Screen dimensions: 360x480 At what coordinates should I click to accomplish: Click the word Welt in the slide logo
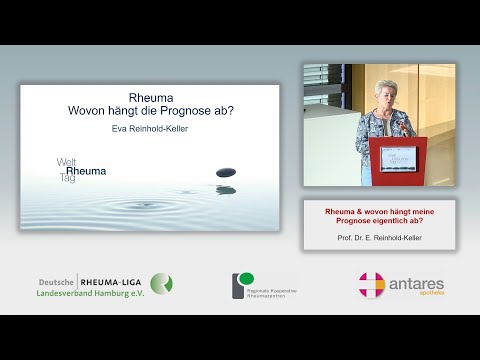tap(66, 161)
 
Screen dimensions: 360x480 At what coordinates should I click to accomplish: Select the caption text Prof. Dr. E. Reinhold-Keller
tap(379, 241)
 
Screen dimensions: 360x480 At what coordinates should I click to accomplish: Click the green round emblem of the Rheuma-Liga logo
tap(161, 284)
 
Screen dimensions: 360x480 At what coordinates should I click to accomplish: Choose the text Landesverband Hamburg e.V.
tap(90, 294)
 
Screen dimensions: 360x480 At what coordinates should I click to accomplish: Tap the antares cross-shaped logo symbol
tap(371, 285)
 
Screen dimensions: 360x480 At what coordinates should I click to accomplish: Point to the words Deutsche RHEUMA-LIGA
tap(92, 281)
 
